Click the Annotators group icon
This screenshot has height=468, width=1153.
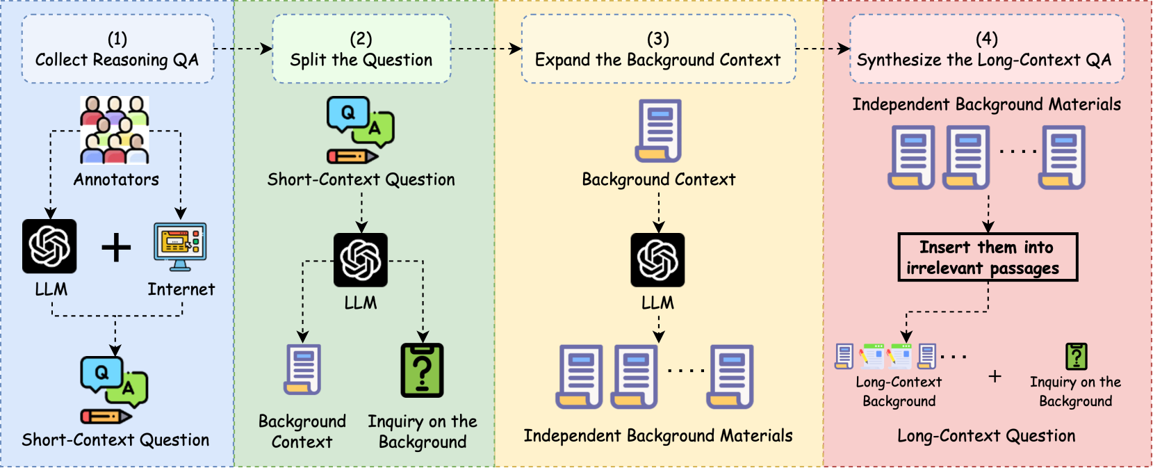[115, 130]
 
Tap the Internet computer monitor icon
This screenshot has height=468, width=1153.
[180, 247]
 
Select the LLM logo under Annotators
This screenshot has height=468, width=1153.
[49, 246]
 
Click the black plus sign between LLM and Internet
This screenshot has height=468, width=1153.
[116, 247]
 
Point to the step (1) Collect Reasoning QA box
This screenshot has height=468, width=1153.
[118, 49]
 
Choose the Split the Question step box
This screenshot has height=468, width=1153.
[361, 49]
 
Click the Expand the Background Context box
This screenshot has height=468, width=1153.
[658, 49]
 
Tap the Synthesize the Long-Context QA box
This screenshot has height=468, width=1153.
[987, 49]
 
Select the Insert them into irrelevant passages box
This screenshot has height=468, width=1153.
[988, 257]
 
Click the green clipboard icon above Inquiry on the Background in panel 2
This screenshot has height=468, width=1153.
[422, 370]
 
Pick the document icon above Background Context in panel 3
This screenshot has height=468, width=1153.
[658, 131]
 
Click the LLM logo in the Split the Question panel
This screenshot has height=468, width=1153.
[360, 260]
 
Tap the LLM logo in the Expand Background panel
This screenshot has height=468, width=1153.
[658, 260]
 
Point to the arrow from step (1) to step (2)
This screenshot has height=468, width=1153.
[243, 49]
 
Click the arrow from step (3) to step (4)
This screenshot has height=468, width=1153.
[823, 49]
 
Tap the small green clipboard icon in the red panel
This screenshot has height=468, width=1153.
[1077, 356]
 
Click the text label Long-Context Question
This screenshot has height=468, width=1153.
[986, 436]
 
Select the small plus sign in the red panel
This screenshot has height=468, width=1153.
[995, 376]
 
